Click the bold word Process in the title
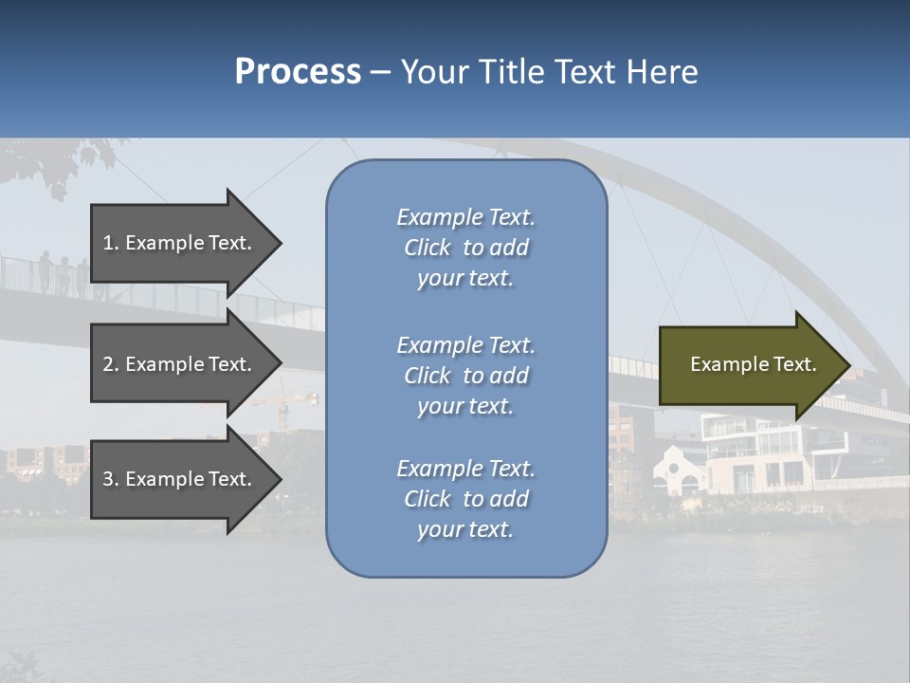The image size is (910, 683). [x=298, y=72]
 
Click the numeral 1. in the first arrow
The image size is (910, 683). [x=111, y=243]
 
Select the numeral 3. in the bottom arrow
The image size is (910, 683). [x=111, y=479]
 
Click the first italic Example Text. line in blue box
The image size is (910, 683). [x=465, y=217]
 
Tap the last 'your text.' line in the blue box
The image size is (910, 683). [x=465, y=529]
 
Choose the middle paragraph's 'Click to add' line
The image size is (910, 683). [x=465, y=376]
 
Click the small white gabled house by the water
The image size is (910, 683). [x=682, y=471]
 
